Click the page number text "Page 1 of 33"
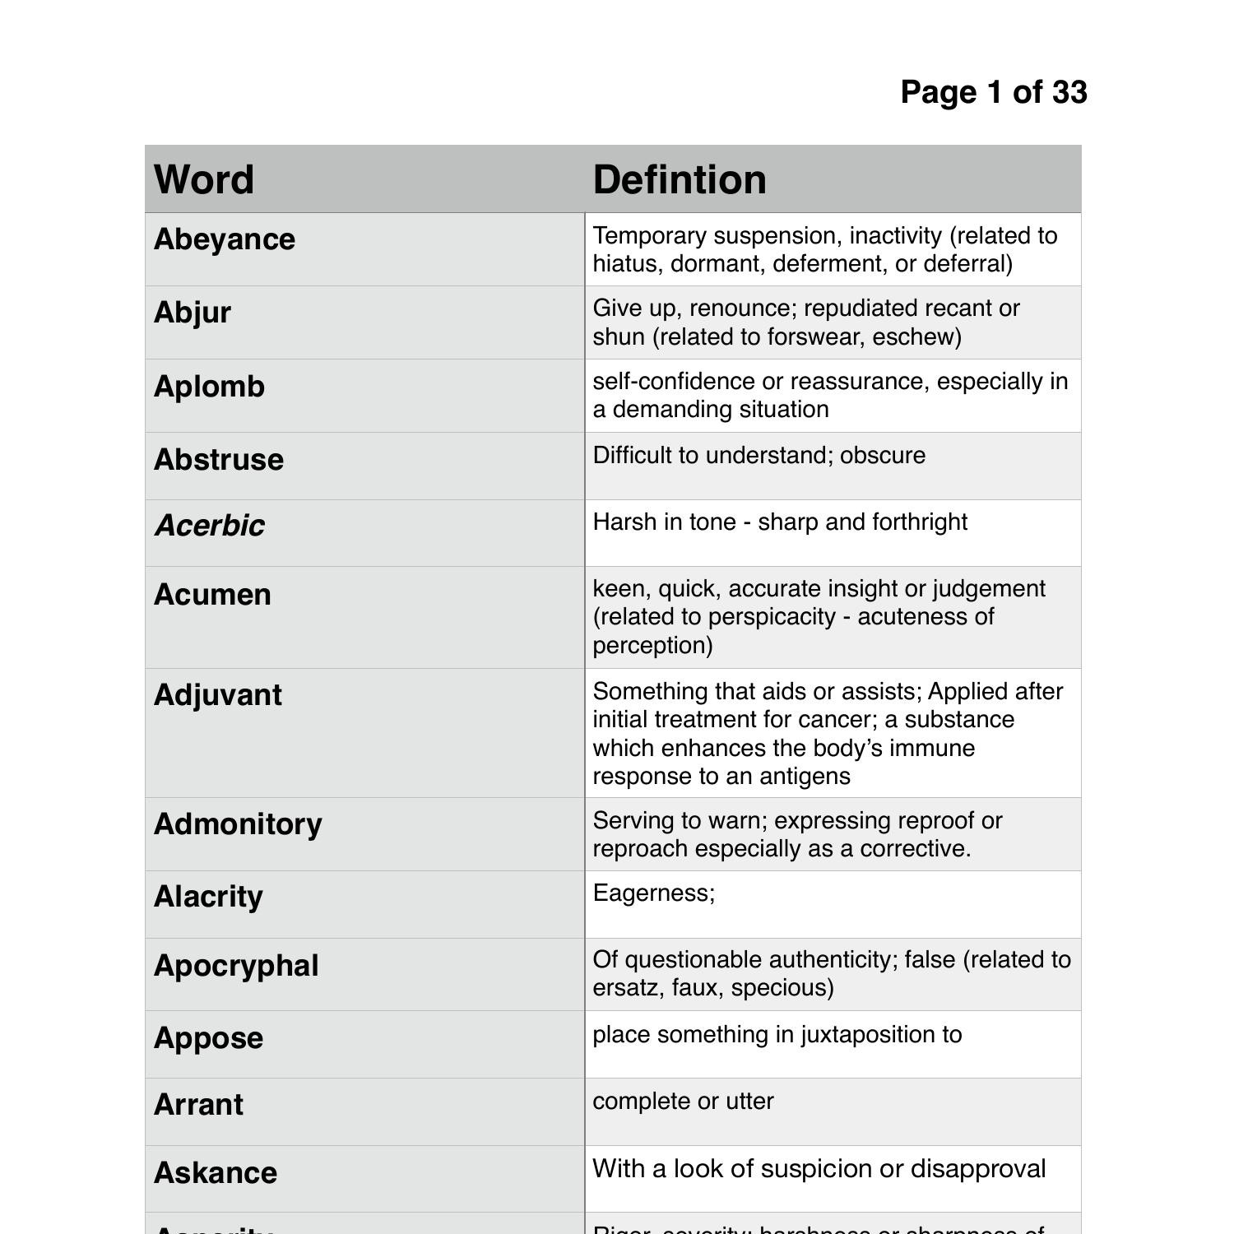(x=994, y=92)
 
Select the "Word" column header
(x=204, y=179)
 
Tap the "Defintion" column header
(x=680, y=179)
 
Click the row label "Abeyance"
(x=225, y=239)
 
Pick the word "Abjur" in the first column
(x=193, y=313)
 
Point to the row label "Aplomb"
(x=209, y=387)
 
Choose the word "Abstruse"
(x=219, y=460)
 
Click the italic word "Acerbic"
(x=210, y=526)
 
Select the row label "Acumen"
(x=212, y=595)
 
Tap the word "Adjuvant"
(x=218, y=695)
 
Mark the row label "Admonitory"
(x=238, y=824)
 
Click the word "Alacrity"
(x=208, y=897)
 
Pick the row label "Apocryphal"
(x=236, y=966)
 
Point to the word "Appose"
(x=208, y=1038)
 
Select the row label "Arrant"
(x=198, y=1105)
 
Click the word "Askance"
(x=216, y=1173)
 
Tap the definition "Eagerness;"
(x=654, y=893)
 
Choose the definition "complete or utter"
(x=683, y=1102)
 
